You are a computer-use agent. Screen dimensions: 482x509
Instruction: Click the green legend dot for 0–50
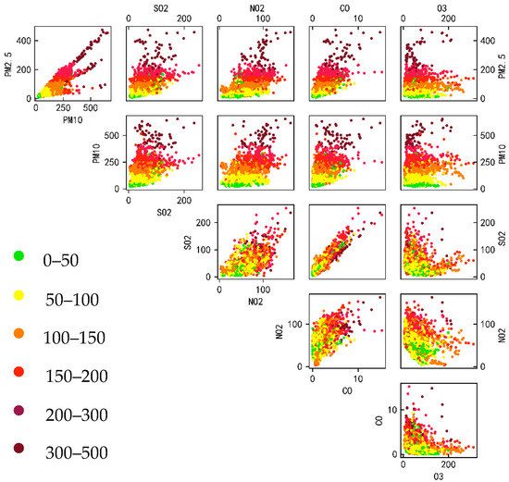pyautogui.click(x=19, y=254)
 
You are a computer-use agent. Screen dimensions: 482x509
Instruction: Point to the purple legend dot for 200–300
pyautogui.click(x=19, y=412)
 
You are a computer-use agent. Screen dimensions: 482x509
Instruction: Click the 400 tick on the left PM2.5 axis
pyautogui.click(x=21, y=41)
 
